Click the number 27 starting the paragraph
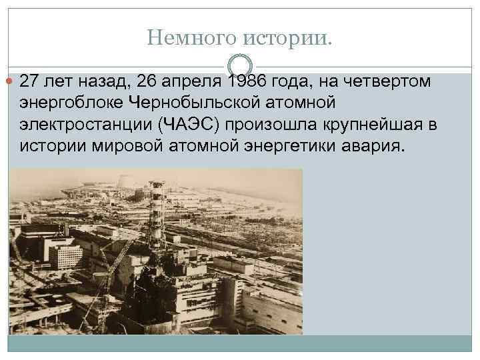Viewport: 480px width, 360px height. point(29,82)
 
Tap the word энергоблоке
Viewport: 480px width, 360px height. point(71,103)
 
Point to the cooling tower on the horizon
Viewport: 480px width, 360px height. point(125,182)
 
